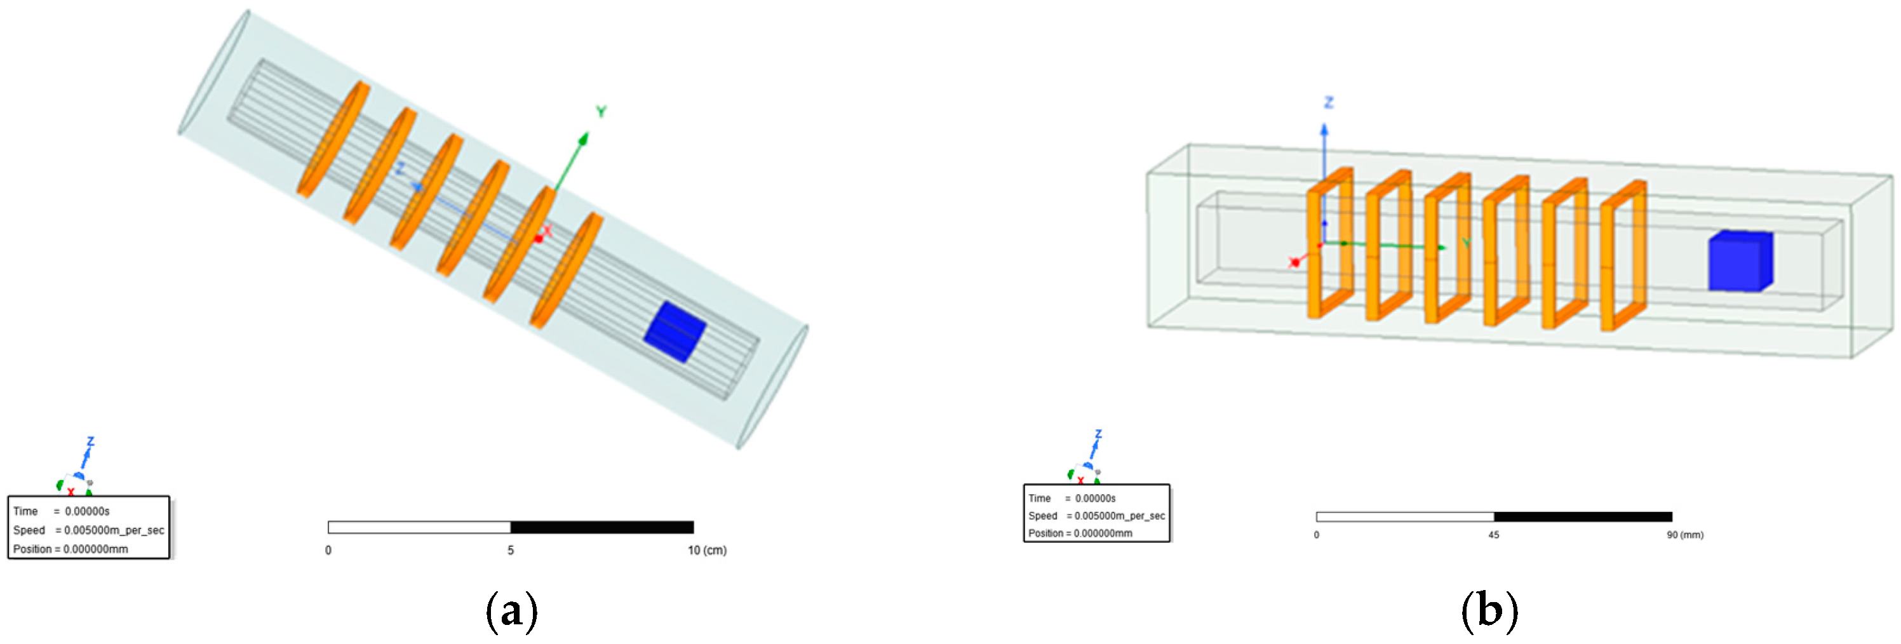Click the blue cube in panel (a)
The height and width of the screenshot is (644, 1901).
675,332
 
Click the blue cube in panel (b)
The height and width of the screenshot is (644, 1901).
1740,261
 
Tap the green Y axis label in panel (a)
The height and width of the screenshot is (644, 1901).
601,112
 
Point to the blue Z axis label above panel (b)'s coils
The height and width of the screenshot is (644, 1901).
1328,102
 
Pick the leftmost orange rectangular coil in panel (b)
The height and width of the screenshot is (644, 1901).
1330,243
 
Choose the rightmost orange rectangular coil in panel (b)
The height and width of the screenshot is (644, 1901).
1623,255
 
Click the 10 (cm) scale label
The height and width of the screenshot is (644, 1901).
707,550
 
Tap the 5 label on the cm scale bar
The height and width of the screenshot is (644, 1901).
510,550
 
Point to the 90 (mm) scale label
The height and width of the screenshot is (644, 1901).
1685,535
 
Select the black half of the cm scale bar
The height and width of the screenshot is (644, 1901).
602,527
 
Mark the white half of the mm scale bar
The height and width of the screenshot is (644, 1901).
1405,516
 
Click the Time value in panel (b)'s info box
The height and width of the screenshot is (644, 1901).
1095,499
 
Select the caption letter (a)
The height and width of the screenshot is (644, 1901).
511,612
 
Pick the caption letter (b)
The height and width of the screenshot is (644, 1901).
1489,611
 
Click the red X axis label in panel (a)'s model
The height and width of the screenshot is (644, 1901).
547,231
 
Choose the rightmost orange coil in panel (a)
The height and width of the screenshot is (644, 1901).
566,270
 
